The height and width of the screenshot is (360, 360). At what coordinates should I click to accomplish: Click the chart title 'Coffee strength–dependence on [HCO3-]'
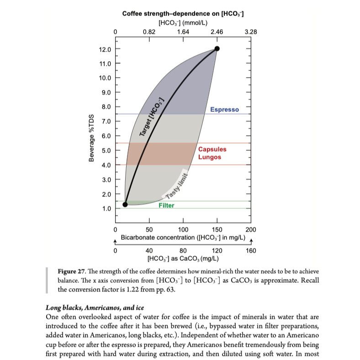(183, 14)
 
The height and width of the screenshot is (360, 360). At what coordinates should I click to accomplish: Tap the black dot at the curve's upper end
(217, 48)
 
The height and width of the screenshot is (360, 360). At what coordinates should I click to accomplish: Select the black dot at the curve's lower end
(125, 204)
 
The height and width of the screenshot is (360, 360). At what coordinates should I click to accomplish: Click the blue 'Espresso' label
(224, 110)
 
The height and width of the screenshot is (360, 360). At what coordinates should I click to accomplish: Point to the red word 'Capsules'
(212, 149)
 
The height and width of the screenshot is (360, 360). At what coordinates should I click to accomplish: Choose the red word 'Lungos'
(210, 157)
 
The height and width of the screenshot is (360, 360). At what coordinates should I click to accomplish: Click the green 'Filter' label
(166, 206)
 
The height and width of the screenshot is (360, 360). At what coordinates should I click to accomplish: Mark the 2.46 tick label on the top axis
(217, 32)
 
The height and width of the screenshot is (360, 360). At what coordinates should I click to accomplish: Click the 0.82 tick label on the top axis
(149, 32)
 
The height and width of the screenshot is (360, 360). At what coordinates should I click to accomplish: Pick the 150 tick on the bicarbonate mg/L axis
(217, 229)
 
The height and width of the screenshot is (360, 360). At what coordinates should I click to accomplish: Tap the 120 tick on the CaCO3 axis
(217, 250)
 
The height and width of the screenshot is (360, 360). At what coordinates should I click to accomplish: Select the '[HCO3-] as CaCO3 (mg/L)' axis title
(183, 259)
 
